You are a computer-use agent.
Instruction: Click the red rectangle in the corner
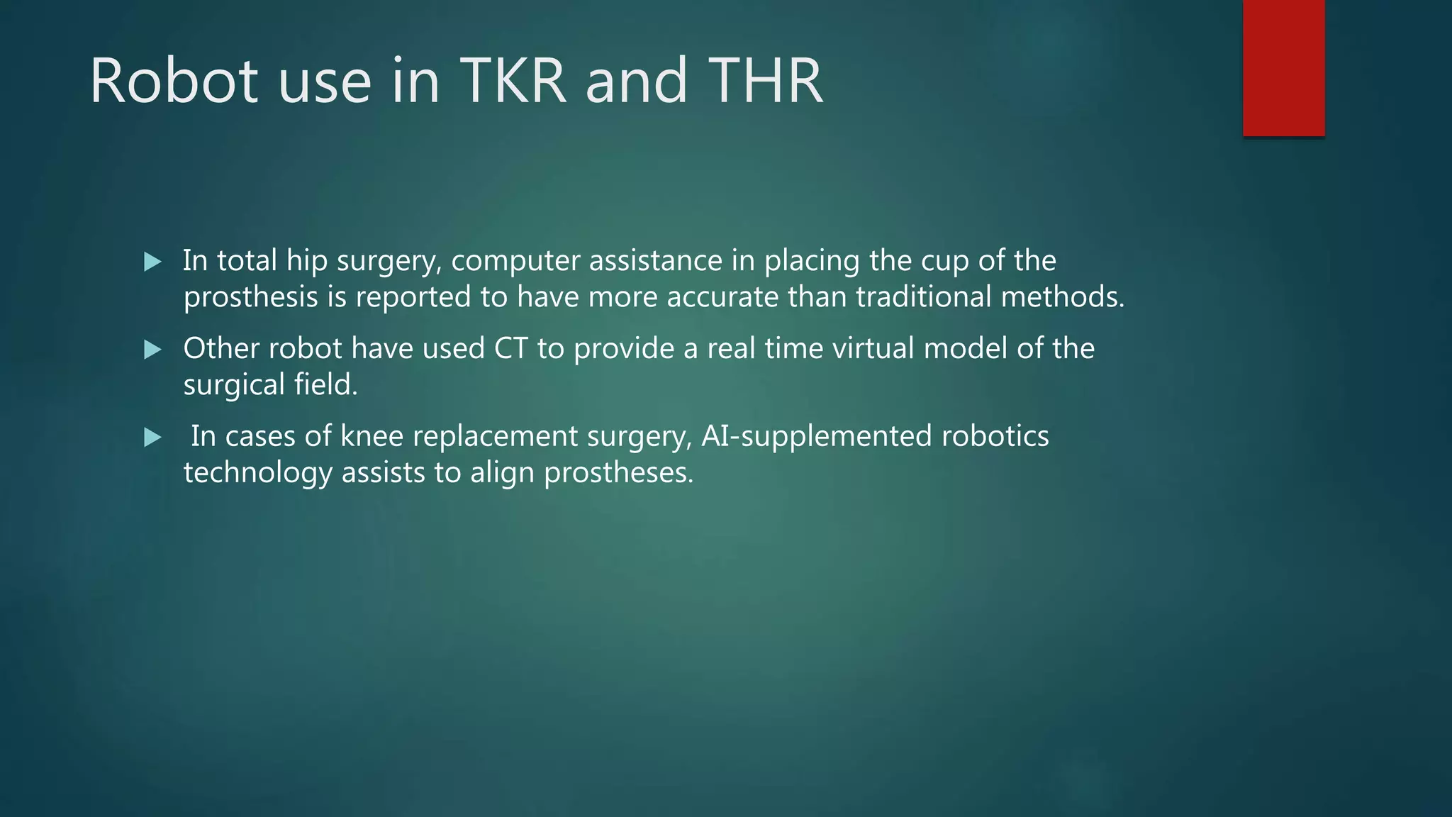[x=1283, y=67]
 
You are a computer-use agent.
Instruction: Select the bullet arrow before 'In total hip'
[x=152, y=262]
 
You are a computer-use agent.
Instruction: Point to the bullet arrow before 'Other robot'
[x=152, y=350]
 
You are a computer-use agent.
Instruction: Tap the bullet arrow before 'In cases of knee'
[x=152, y=438]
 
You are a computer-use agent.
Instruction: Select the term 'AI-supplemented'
[x=816, y=437]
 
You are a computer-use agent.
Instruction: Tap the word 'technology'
[x=257, y=473]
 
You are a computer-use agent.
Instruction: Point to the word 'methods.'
[x=1063, y=297]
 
